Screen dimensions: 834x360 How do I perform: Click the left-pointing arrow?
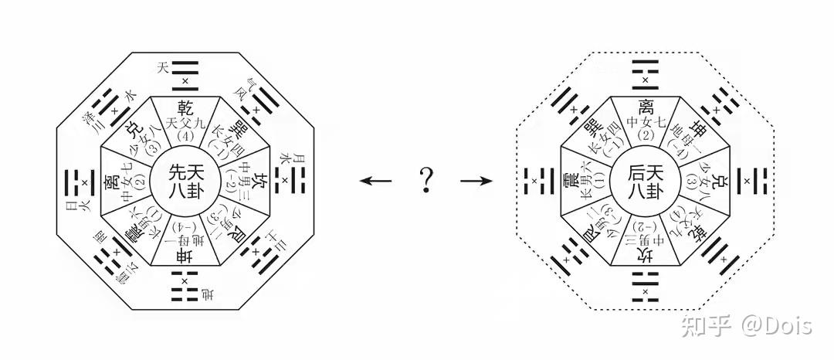tap(376, 181)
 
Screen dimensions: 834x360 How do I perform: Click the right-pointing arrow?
tap(476, 181)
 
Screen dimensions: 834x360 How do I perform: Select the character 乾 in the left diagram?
tap(185, 107)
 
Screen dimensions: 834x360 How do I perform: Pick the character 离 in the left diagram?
tap(110, 182)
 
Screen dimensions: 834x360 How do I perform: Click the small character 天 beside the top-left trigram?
tap(162, 68)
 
